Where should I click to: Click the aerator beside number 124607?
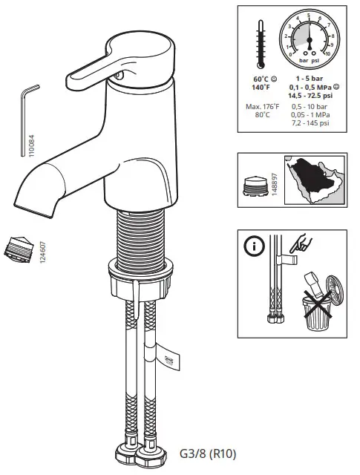pyautogui.click(x=20, y=246)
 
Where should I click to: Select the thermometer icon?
pyautogui.click(x=261, y=43)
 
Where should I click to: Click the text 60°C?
pyautogui.click(x=261, y=79)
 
